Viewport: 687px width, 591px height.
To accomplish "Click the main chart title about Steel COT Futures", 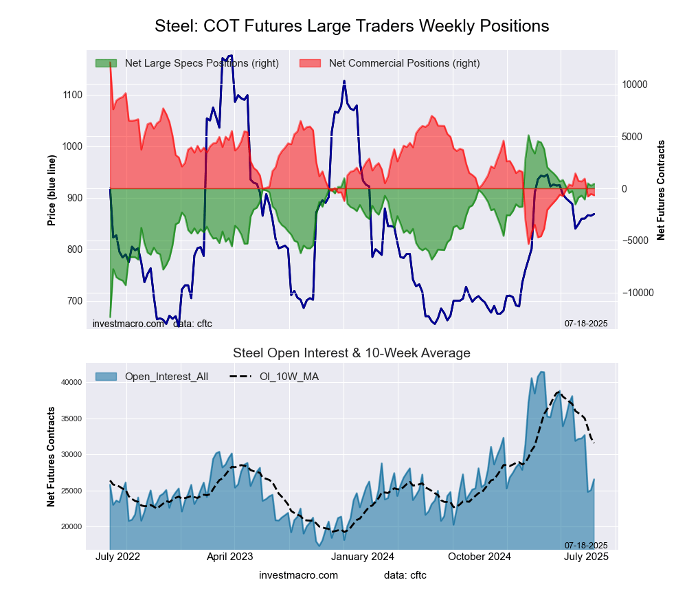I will coord(352,26).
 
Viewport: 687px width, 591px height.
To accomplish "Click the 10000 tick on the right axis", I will coord(635,85).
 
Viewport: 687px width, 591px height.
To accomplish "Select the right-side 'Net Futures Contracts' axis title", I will coord(661,190).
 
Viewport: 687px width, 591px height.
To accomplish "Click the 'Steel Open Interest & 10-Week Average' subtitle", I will coord(352,353).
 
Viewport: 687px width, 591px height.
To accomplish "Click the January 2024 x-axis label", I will coord(355,557).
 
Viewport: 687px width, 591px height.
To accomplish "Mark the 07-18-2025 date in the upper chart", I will coord(586,323).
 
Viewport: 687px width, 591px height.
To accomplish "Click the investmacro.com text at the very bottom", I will coord(298,575).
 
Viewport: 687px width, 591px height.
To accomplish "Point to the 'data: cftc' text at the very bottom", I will coord(405,575).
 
